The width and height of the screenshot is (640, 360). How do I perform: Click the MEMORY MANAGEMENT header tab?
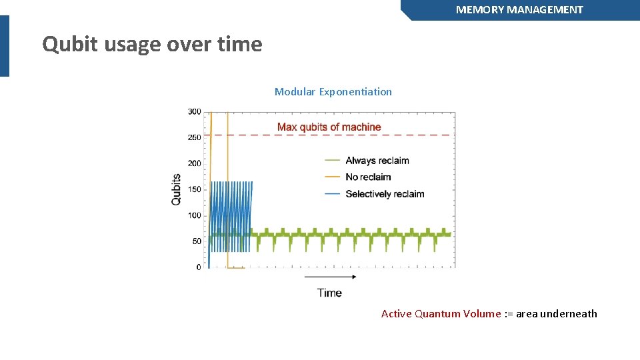point(519,10)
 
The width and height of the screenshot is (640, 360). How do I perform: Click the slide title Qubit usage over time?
point(152,45)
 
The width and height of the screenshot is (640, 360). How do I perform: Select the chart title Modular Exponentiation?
point(333,92)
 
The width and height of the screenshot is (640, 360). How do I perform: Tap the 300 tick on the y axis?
point(194,111)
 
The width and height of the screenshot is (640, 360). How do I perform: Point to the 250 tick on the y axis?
point(194,137)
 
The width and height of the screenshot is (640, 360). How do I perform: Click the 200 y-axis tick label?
point(194,163)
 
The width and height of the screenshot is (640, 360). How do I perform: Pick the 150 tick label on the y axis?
point(194,189)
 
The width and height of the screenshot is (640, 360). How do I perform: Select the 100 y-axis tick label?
point(194,215)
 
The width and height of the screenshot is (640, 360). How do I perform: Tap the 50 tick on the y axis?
point(196,241)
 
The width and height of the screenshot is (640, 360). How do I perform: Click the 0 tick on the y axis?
point(198,267)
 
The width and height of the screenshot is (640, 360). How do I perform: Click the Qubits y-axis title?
point(176,189)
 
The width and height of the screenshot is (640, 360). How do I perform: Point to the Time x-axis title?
point(329,293)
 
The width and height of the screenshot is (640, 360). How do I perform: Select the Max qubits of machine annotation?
point(329,127)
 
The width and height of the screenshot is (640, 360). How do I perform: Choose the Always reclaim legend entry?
point(377,161)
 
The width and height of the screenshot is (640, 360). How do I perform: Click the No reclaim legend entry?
point(368,177)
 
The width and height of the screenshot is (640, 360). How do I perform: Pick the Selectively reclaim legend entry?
point(385,194)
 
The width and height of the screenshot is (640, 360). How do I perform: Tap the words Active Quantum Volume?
point(440,314)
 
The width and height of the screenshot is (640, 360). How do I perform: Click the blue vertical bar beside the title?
point(5,46)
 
